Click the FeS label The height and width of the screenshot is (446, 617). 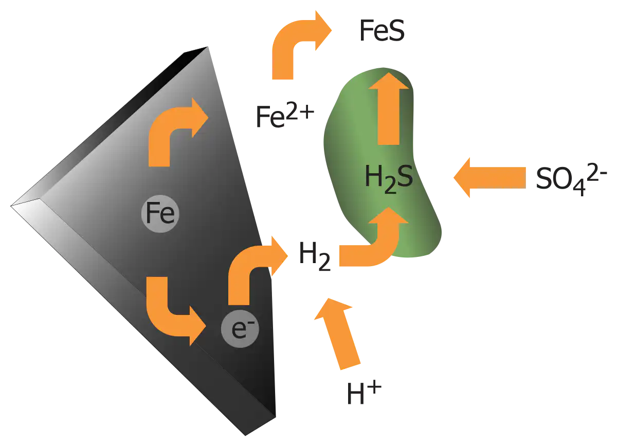pos(382,30)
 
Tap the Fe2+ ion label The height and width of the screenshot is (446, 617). pos(285,117)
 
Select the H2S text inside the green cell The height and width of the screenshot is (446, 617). pos(389,179)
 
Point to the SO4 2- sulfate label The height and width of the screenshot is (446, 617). pos(572,179)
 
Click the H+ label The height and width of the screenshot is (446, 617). pos(364,393)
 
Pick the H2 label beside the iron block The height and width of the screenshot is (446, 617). pos(315,256)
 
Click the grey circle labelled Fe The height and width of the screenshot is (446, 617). pos(160,214)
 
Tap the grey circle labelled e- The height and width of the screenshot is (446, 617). pos(240,329)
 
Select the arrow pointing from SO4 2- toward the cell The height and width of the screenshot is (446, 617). pos(489,178)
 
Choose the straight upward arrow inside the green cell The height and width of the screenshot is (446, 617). pos(389,108)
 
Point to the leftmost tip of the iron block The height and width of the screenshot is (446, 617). pos(11,206)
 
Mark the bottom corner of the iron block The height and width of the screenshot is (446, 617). pos(245,436)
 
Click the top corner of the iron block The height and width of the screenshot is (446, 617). pos(207,47)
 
